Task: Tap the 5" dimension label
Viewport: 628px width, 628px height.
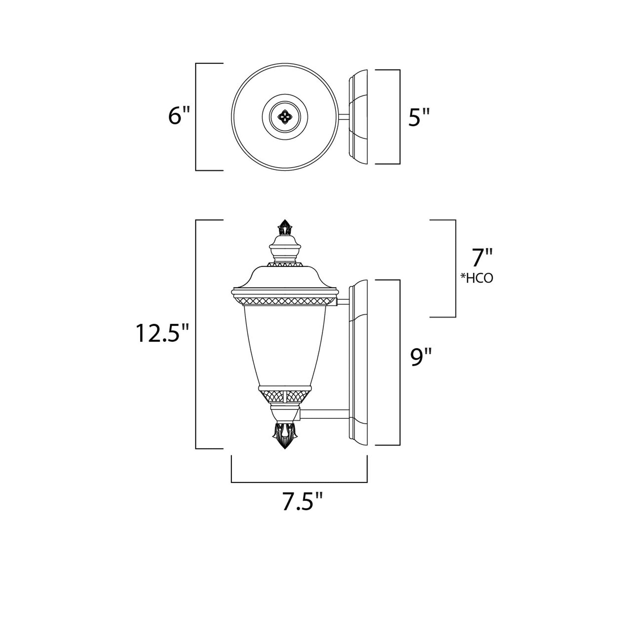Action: click(419, 117)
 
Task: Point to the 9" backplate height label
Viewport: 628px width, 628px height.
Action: click(421, 358)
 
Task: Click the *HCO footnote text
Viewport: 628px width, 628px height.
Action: click(477, 278)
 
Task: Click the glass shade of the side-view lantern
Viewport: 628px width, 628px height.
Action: click(285, 345)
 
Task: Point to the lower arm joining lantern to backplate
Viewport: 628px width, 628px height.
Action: click(325, 414)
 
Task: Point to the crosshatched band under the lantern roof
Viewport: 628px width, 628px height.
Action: click(285, 301)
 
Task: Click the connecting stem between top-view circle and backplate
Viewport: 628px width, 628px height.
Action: click(343, 117)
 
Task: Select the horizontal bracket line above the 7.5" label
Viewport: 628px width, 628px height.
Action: click(299, 482)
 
